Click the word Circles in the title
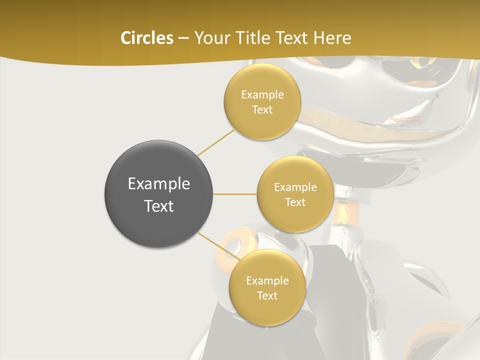coord(146,38)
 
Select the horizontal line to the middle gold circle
coord(234,194)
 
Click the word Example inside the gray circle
coord(158,184)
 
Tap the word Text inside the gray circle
coord(158,206)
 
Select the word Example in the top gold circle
coord(262,95)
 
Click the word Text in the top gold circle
coord(262,110)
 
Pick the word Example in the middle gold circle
coord(295,187)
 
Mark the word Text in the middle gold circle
coord(295,202)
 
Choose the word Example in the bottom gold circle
coord(267,281)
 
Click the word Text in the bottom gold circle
coord(267,296)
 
